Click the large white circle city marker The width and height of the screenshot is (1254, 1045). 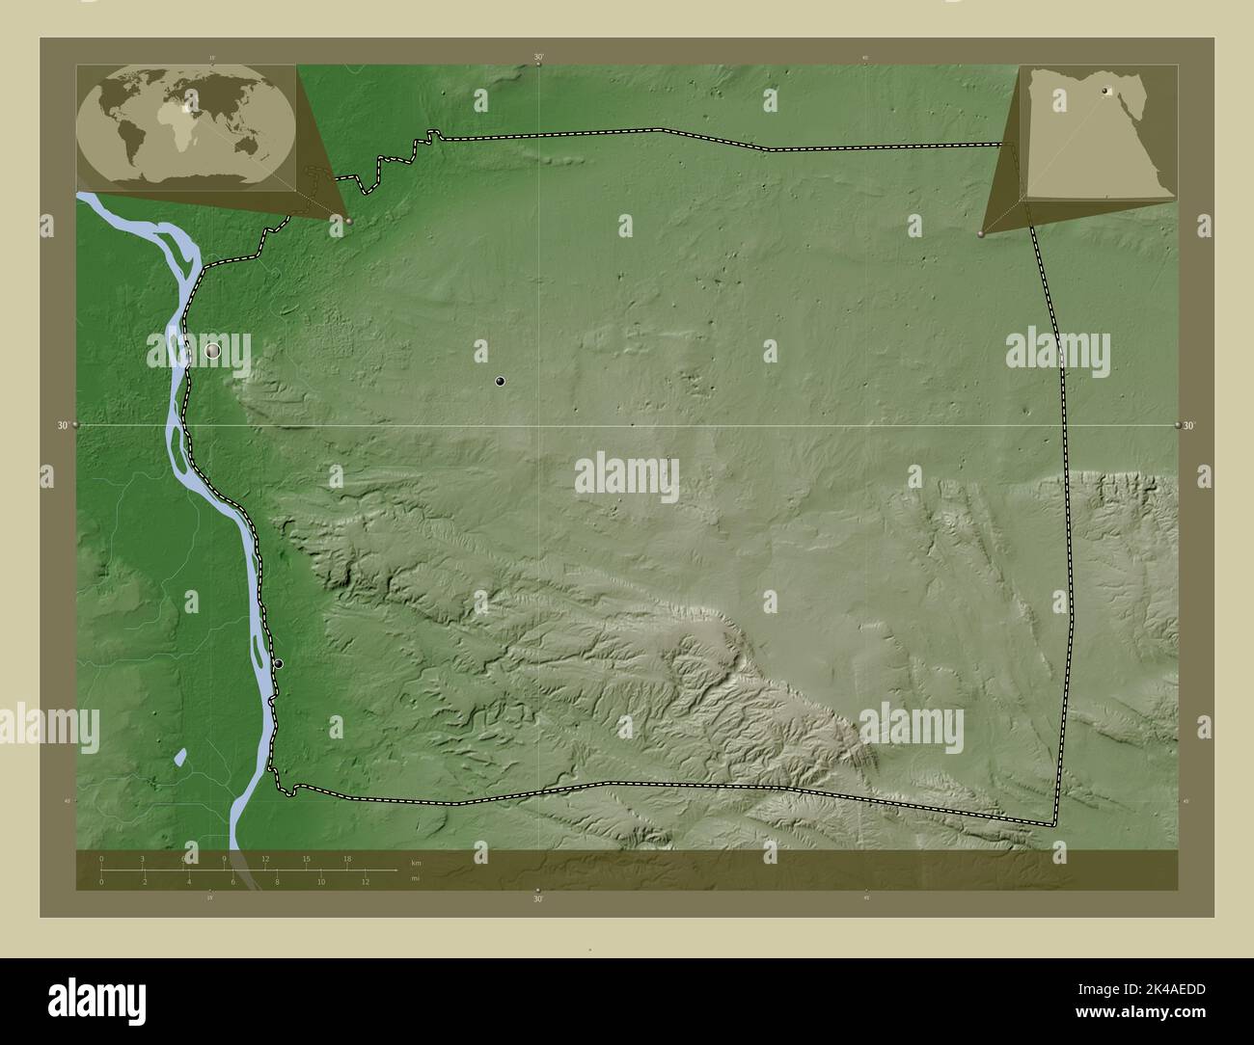tap(213, 352)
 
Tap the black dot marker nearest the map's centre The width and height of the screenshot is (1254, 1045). tap(500, 382)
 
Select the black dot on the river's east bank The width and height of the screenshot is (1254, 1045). tap(279, 663)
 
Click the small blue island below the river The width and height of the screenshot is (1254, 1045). tap(180, 757)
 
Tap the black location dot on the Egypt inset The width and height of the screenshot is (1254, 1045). tap(1105, 93)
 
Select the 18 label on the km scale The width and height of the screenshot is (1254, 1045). tap(347, 859)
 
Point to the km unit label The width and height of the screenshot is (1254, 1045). tap(416, 862)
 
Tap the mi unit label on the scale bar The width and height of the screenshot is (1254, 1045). tap(415, 878)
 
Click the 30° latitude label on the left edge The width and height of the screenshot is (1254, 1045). tap(63, 425)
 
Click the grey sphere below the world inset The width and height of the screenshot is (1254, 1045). tap(349, 221)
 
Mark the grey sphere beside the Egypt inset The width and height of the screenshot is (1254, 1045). tap(981, 234)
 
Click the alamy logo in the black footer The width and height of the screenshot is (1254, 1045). tap(96, 997)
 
